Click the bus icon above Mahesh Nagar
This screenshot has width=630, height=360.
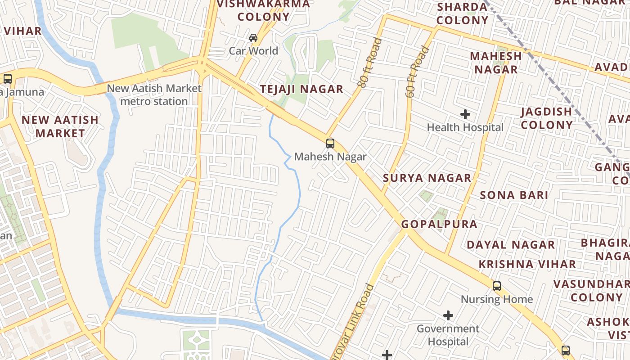pyautogui.click(x=330, y=144)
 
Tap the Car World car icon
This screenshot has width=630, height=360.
pyautogui.click(x=253, y=38)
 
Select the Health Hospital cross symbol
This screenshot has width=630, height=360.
pyautogui.click(x=465, y=114)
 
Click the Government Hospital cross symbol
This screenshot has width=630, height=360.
pyautogui.click(x=448, y=315)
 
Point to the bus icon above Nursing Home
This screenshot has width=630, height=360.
pyautogui.click(x=497, y=286)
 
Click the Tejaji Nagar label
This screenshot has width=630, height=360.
pyautogui.click(x=301, y=89)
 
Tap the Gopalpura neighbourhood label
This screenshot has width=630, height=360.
pyautogui.click(x=439, y=224)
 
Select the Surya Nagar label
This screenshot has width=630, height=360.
pyautogui.click(x=427, y=178)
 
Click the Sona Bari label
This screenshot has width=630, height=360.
pyautogui.click(x=514, y=195)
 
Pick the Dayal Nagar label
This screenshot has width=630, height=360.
pyautogui.click(x=511, y=245)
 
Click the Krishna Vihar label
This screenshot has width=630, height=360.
pyautogui.click(x=527, y=264)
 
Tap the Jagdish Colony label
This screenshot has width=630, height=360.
pyautogui.click(x=547, y=118)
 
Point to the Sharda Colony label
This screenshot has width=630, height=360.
pyautogui.click(x=462, y=13)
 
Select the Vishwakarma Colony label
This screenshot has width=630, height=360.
pyautogui.click(x=264, y=11)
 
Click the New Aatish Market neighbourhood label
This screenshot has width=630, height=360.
pyautogui.click(x=60, y=126)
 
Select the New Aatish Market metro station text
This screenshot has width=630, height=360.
pyautogui.click(x=154, y=94)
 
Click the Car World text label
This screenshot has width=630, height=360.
pyautogui.click(x=253, y=51)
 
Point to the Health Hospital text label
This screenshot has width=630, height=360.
pyautogui.click(x=465, y=127)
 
